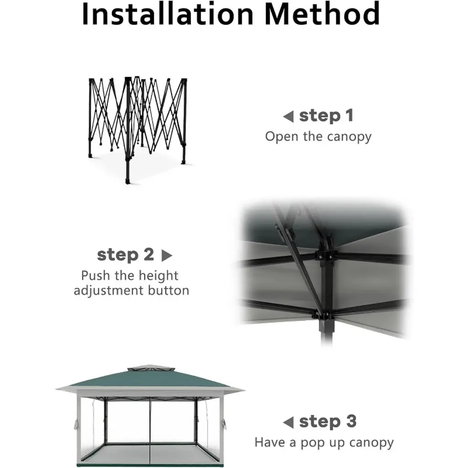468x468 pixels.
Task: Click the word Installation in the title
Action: click(x=167, y=14)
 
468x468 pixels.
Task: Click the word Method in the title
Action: click(x=322, y=14)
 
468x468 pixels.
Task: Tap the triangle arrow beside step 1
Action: click(x=289, y=117)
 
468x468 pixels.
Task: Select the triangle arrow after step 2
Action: click(x=167, y=255)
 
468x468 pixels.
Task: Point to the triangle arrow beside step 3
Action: click(x=289, y=422)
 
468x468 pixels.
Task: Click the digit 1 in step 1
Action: click(x=350, y=116)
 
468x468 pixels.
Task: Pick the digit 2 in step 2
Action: click(x=149, y=255)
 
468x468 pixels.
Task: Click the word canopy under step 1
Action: click(x=349, y=137)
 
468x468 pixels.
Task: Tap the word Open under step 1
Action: click(x=282, y=137)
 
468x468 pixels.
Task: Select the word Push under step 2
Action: click(x=96, y=276)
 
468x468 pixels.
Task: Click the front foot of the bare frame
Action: click(x=128, y=181)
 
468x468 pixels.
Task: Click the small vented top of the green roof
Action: click(x=152, y=368)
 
